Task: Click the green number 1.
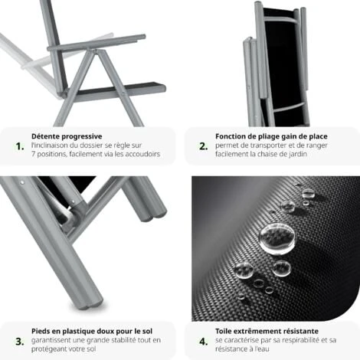(x=18, y=146)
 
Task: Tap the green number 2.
(x=202, y=146)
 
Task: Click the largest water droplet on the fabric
(x=275, y=237)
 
